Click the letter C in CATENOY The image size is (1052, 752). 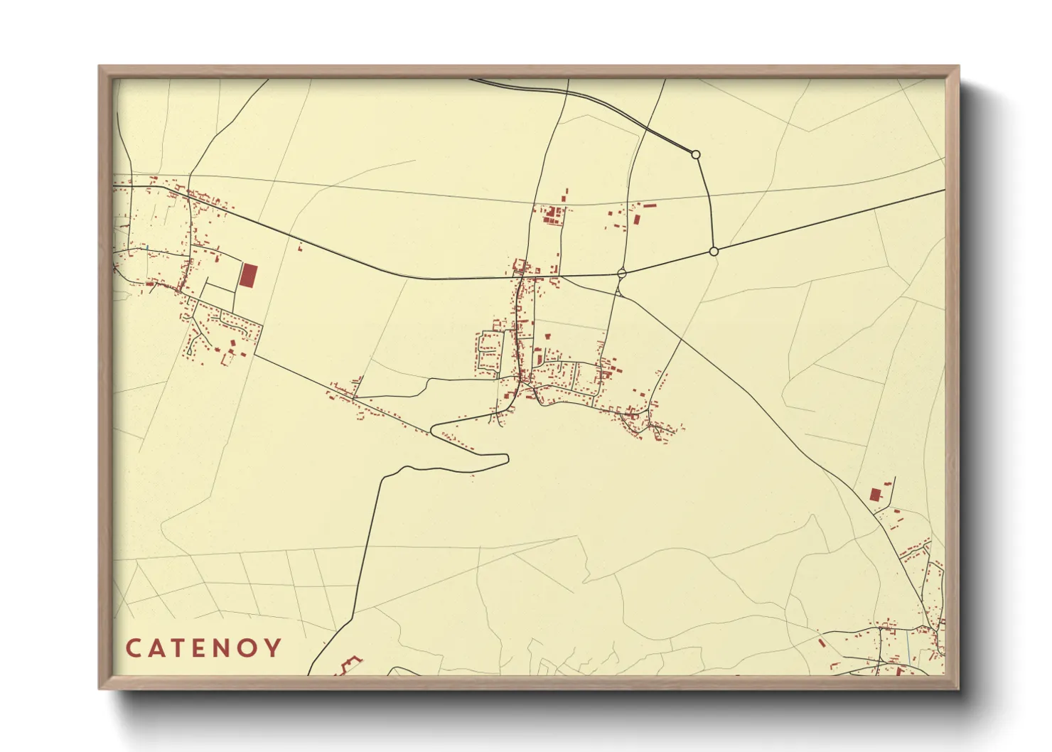(x=134, y=648)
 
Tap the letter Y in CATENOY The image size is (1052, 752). (x=272, y=648)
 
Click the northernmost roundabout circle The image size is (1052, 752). (x=696, y=154)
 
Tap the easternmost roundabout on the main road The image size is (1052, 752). (x=714, y=252)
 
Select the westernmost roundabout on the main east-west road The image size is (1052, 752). (x=622, y=273)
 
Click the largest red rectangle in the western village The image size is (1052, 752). (x=248, y=276)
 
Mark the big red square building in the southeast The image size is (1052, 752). (x=875, y=495)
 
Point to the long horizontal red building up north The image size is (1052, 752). (x=649, y=205)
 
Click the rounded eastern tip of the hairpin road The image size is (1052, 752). (x=506, y=459)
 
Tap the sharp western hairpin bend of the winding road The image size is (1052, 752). (x=433, y=429)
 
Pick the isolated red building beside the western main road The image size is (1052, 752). (x=300, y=247)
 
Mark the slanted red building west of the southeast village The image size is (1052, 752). (x=822, y=643)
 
